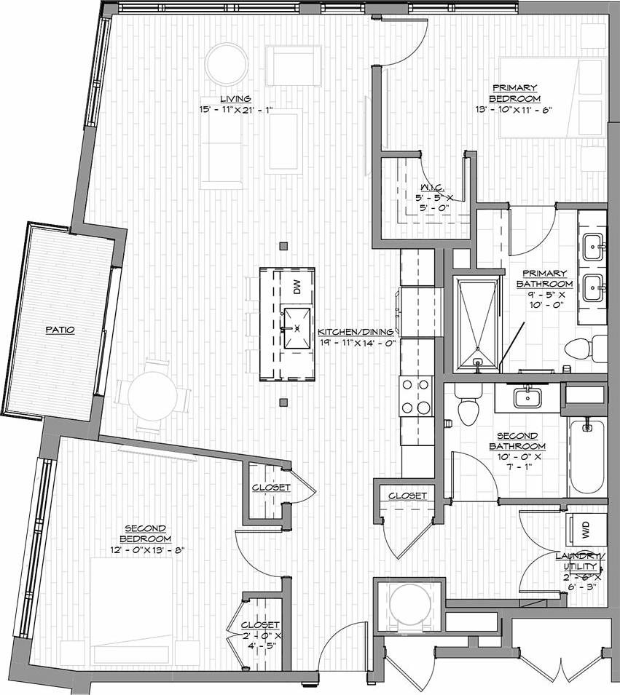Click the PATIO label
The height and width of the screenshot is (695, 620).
[x=60, y=330]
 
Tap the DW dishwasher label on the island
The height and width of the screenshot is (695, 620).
[x=297, y=287]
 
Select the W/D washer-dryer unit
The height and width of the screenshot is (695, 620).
[x=586, y=530]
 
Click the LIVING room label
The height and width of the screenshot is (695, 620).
[x=237, y=98]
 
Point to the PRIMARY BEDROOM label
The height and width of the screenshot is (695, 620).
[x=514, y=92]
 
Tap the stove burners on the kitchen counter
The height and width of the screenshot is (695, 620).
[x=416, y=397]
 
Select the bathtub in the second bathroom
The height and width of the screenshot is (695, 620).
[x=587, y=456]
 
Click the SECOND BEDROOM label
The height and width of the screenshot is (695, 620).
[x=146, y=533]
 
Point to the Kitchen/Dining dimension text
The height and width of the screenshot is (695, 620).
[x=356, y=341]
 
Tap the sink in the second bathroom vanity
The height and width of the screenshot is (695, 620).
[x=527, y=397]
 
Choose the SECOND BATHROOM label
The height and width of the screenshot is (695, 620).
[x=517, y=441]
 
